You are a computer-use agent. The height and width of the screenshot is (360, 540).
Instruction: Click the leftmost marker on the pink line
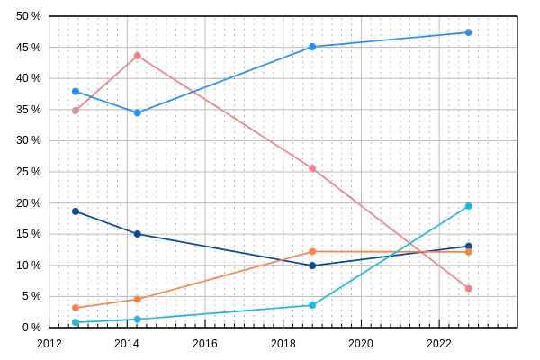pos(76,112)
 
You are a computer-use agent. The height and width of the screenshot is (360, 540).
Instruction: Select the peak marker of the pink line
pos(137,56)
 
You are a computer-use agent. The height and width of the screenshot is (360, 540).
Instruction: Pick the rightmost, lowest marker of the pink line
pos(469,288)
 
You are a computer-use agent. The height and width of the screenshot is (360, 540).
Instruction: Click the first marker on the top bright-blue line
pos(76,91)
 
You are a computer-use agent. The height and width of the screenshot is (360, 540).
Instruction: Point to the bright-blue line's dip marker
pos(137,113)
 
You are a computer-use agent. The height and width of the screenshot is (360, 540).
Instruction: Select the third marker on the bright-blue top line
pos(312,46)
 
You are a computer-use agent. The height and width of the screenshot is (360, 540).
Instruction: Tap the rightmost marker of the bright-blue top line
pos(469,32)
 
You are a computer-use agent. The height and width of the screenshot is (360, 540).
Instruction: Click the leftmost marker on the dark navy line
pos(76,211)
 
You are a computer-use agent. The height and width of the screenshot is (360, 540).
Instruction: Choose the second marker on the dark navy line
pos(137,234)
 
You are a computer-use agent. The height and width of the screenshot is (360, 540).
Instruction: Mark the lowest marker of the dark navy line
pos(312,266)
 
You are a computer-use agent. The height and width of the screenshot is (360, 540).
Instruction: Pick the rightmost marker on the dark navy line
pos(469,245)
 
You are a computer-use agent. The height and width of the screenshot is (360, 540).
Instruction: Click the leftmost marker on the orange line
pos(76,308)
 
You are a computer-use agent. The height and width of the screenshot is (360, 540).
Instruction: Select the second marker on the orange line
pos(137,299)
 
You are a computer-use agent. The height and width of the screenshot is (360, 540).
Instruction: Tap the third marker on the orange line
pos(312,251)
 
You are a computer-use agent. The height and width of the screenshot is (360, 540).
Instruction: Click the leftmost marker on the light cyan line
pos(76,321)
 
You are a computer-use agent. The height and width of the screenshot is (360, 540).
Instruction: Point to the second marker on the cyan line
pos(137,319)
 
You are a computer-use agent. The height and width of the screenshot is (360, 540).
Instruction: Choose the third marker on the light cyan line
pos(312,306)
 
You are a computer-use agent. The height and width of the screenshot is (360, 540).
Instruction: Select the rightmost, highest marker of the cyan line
pos(469,207)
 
